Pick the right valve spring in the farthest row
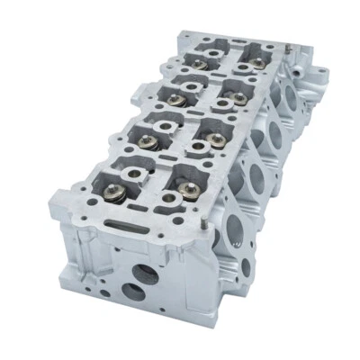pos(257,62)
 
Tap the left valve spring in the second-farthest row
pos(173,97)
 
